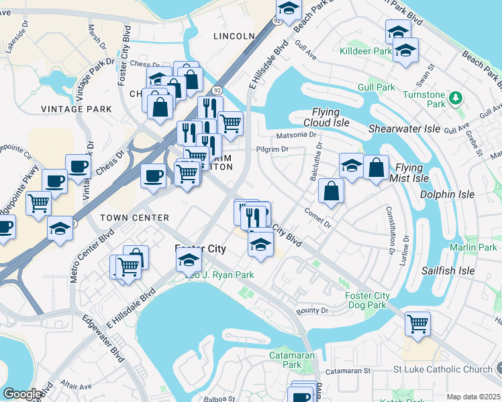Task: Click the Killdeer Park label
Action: pyautogui.click(x=365, y=51)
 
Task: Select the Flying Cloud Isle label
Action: pyautogui.click(x=331, y=117)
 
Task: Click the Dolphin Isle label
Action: pyautogui.click(x=447, y=194)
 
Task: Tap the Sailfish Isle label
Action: pyautogui.click(x=448, y=271)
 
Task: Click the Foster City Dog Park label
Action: pyautogui.click(x=366, y=300)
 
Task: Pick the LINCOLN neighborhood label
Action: pyautogui.click(x=234, y=36)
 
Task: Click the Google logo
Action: pyautogui.click(x=22, y=394)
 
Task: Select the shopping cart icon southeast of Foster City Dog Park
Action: pyautogui.click(x=417, y=324)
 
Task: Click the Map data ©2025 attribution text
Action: pyautogui.click(x=472, y=397)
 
